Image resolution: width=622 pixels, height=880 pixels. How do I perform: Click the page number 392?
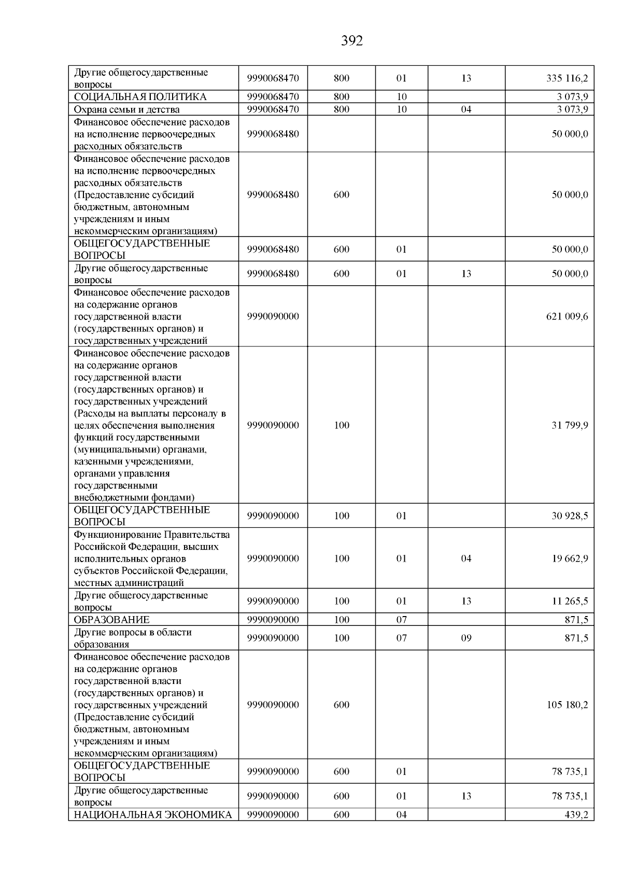point(352,41)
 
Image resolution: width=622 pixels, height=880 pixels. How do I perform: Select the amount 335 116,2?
point(567,78)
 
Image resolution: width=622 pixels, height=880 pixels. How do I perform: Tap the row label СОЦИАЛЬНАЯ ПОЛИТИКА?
point(140,97)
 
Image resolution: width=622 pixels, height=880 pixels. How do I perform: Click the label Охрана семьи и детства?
point(126,109)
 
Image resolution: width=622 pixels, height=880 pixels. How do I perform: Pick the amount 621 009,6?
point(567,316)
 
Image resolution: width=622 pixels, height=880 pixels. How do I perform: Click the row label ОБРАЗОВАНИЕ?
point(111,620)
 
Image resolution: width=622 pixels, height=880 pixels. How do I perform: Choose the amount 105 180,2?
point(567,705)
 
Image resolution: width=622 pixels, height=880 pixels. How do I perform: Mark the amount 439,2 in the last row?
point(576,815)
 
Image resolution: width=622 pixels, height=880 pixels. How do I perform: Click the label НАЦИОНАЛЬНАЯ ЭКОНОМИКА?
point(152,815)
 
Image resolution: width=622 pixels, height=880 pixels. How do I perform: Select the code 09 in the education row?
point(466,638)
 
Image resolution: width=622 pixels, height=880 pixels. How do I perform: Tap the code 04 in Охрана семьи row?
point(466,109)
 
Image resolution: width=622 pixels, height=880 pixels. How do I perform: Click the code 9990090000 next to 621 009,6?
point(273,316)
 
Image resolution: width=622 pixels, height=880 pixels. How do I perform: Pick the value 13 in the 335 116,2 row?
point(466,78)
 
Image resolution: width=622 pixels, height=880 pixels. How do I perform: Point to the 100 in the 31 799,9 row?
point(342,425)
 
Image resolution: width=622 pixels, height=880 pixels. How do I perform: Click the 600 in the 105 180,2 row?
point(342,705)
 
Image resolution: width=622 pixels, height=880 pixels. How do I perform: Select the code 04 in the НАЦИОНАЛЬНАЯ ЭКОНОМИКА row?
point(401,815)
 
